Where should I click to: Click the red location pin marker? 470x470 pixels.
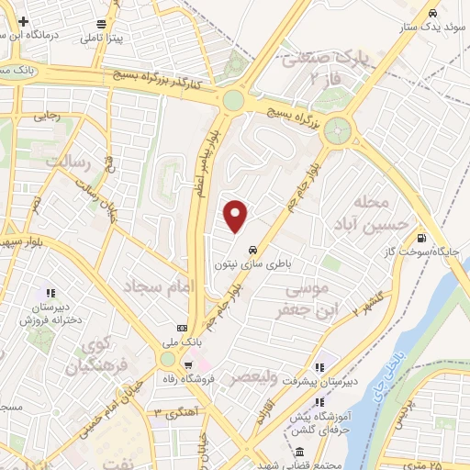[x=237, y=217]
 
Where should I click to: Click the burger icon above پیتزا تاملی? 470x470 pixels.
[x=100, y=24]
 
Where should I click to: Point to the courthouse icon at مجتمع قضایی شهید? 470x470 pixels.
[x=300, y=452]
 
